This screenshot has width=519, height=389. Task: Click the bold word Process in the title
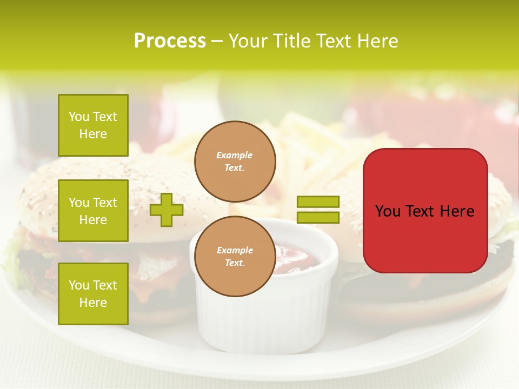coord(170,41)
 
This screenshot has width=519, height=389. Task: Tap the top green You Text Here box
coord(93,125)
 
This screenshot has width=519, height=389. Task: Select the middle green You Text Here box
coord(93,211)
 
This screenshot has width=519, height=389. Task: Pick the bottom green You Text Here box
coord(93,293)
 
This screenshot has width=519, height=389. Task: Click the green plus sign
coord(167,210)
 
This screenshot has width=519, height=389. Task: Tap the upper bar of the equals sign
coord(318,202)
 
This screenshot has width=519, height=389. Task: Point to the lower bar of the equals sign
coord(318,217)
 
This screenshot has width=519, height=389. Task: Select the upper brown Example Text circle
coord(235,162)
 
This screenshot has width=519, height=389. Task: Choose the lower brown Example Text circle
coord(235,257)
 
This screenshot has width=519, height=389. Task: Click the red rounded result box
coord(425,211)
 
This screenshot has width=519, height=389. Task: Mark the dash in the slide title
coord(217,41)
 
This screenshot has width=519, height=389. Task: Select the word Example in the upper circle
coord(235,155)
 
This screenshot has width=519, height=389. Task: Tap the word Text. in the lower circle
coord(235,263)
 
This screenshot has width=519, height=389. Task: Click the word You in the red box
coord(388,211)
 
